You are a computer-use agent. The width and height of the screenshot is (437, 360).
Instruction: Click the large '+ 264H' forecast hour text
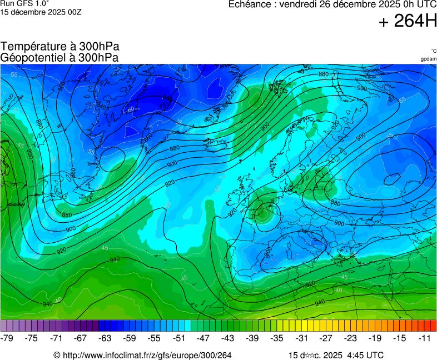(407, 21)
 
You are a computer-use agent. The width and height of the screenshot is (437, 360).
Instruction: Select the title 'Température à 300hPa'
(60, 47)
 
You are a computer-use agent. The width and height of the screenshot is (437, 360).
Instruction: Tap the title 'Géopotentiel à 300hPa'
(59, 57)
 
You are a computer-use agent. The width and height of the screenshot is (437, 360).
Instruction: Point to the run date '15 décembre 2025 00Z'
(41, 12)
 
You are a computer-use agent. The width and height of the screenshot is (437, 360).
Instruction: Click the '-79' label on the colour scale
(8, 338)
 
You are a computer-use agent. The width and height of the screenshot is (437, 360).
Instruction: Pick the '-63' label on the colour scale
(106, 338)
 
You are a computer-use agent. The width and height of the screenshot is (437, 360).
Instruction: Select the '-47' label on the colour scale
(203, 338)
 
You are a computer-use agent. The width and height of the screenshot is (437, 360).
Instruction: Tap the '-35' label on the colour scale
(277, 338)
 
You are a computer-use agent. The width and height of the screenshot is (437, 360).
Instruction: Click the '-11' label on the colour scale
(424, 338)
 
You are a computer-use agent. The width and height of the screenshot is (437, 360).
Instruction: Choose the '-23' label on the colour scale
(350, 338)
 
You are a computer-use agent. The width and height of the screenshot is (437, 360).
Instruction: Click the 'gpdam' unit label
(428, 58)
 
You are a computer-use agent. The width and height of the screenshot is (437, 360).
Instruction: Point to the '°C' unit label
(433, 51)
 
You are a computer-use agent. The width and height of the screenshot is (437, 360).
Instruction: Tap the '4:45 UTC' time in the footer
(364, 355)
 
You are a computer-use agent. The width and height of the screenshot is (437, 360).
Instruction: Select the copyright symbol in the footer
(56, 355)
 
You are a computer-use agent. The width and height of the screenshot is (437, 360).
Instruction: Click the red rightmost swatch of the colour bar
(433, 326)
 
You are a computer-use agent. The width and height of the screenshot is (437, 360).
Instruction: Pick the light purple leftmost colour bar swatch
(4, 326)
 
